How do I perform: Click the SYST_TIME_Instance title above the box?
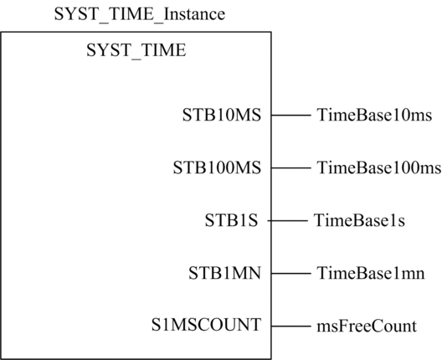point(140,14)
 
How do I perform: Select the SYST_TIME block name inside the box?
point(136,50)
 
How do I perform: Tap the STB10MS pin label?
point(222,115)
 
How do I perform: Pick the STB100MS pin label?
point(217,167)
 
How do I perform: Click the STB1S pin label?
point(231,220)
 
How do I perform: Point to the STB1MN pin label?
point(224,273)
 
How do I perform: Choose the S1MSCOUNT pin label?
point(206,325)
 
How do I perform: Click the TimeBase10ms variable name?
point(374,115)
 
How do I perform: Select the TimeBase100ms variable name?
point(379,167)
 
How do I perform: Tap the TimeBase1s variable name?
point(359,220)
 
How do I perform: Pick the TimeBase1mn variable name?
point(371,273)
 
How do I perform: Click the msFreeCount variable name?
point(367,327)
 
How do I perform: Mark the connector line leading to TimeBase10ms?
point(291,115)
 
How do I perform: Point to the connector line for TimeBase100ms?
point(291,167)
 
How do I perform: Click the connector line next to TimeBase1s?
point(288,221)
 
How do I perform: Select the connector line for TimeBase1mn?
point(291,274)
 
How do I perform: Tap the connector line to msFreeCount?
point(291,327)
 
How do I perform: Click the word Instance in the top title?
point(194,14)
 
